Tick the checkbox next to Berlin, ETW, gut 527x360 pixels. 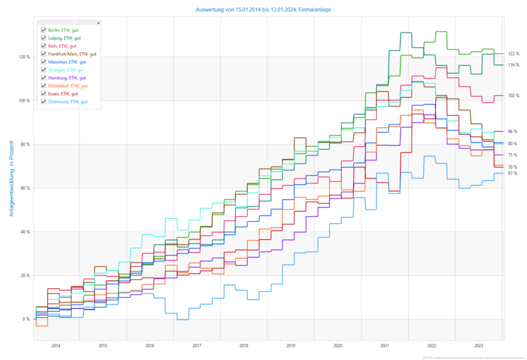coord(43,30)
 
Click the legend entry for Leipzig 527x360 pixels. coord(64,38)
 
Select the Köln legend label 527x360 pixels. coord(62,46)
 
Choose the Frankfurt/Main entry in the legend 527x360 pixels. coord(72,54)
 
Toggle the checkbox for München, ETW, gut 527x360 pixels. coord(43,62)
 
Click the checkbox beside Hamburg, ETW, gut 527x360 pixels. coord(43,78)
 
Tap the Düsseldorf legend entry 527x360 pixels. coord(68,86)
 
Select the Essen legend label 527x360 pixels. coord(63,94)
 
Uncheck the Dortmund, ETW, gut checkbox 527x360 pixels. coord(43,102)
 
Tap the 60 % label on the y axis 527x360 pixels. coord(25,188)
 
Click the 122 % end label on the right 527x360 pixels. coord(514,54)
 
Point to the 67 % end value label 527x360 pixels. coord(512,173)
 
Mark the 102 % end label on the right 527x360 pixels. coord(514,96)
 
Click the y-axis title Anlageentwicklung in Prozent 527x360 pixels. coord(11,180)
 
